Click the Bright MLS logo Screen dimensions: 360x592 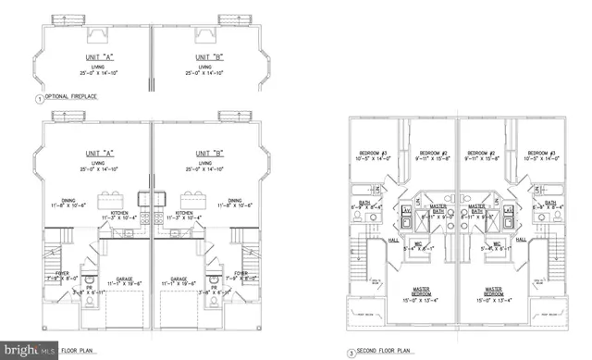point(28,351)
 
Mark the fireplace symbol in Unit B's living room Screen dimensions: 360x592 point(228,19)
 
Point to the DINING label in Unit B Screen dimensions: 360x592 point(235,199)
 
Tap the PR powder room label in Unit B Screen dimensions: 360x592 point(214,288)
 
